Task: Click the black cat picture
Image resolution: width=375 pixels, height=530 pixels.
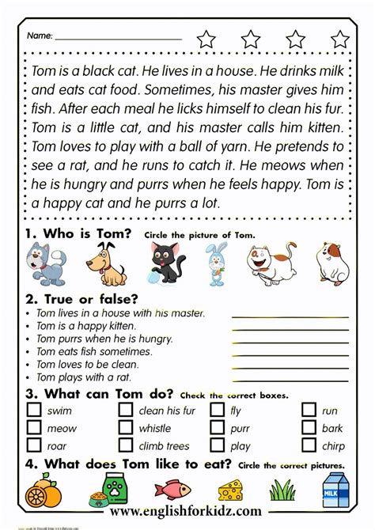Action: click(x=166, y=263)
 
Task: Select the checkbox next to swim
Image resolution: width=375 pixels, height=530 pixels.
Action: click(x=34, y=410)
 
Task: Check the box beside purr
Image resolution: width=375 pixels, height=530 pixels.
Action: click(x=218, y=428)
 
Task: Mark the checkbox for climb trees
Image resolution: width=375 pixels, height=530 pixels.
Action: click(x=126, y=446)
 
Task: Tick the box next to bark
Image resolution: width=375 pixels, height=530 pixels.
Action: click(x=309, y=428)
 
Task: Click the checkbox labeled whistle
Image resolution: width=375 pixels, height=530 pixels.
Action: click(x=126, y=428)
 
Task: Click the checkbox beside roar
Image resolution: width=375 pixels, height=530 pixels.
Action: click(x=34, y=446)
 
